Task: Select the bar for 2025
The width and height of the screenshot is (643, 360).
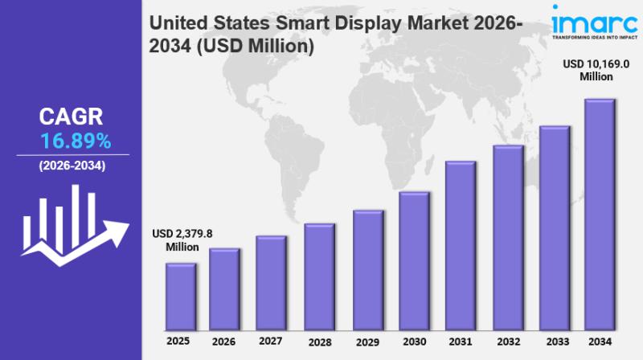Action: pyautogui.click(x=181, y=297)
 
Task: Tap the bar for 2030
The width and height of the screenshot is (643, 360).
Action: pyautogui.click(x=414, y=261)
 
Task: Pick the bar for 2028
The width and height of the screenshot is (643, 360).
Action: pyautogui.click(x=319, y=276)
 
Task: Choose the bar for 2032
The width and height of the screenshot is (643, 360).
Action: pyautogui.click(x=507, y=238)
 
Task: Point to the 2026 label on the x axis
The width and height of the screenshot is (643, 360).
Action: pyautogui.click(x=224, y=342)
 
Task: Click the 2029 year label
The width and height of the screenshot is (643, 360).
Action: pyautogui.click(x=367, y=342)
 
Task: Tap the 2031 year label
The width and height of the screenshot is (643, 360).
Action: pyautogui.click(x=460, y=342)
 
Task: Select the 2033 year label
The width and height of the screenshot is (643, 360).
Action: pyautogui.click(x=554, y=342)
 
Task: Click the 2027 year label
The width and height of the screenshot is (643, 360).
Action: pyautogui.click(x=271, y=341)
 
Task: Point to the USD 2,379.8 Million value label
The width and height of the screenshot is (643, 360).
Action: pyautogui.click(x=182, y=240)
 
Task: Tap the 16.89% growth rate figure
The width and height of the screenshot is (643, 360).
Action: pyautogui.click(x=76, y=142)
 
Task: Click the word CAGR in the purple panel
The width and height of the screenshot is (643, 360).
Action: pyautogui.click(x=72, y=117)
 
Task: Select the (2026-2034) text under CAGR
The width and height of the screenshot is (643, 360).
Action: pyautogui.click(x=72, y=166)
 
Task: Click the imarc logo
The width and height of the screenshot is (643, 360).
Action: pyautogui.click(x=592, y=22)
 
